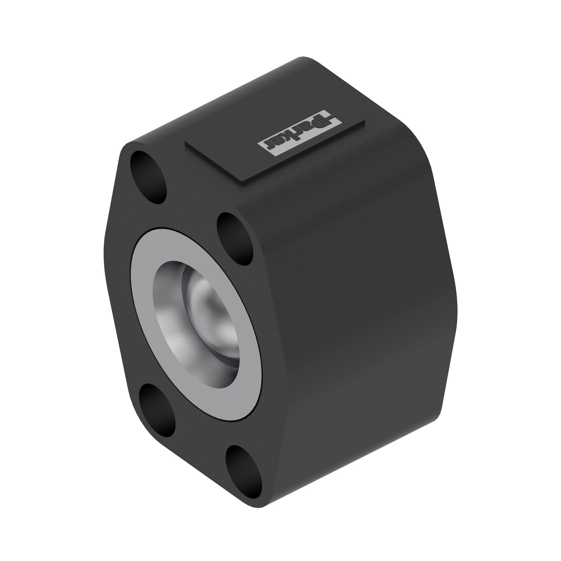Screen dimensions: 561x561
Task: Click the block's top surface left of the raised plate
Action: (180, 128)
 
